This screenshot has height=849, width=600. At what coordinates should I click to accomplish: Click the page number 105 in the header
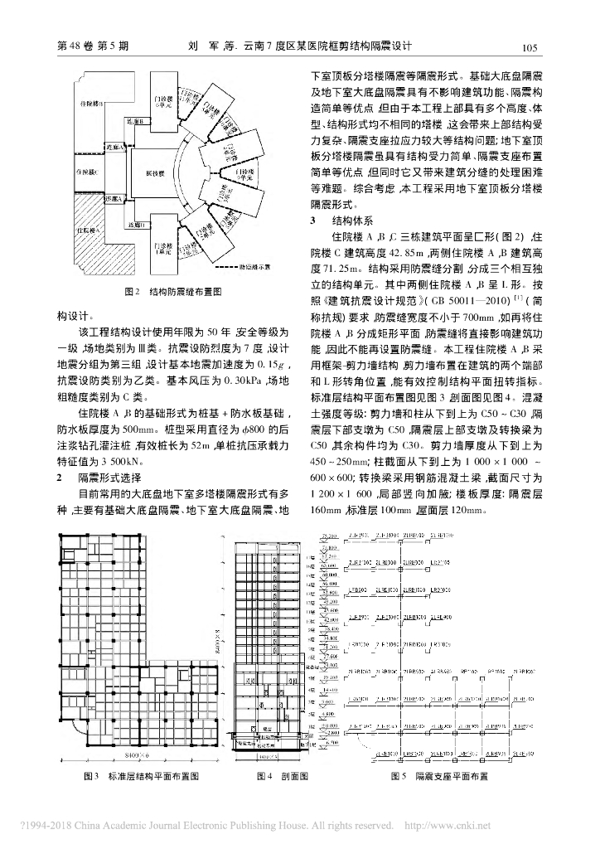point(530,46)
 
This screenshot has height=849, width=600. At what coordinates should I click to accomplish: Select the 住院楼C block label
point(85,171)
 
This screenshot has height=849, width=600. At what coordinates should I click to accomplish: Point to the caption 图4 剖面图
point(283,776)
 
